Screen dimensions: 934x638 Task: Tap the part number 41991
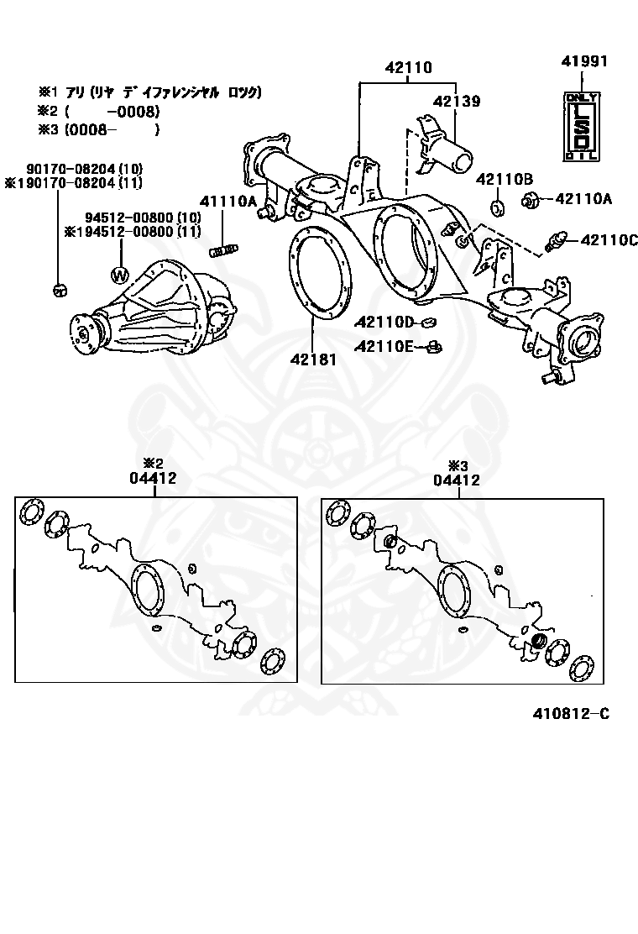click(585, 61)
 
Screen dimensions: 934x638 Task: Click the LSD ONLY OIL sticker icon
click(581, 126)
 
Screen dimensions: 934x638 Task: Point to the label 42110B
click(505, 179)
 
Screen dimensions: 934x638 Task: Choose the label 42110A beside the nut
click(583, 199)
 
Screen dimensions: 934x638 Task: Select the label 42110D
click(384, 322)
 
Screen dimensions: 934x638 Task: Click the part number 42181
click(313, 359)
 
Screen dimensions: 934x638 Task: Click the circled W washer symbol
click(120, 275)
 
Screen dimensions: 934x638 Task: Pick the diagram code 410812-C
click(570, 714)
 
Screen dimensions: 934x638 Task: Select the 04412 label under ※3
click(457, 480)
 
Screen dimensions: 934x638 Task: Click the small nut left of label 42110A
click(530, 200)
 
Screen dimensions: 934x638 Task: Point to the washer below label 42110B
click(495, 207)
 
